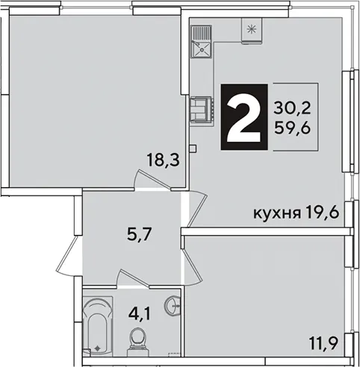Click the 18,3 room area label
coord(163,160)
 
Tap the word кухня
coord(277,213)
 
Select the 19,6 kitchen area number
coord(321,213)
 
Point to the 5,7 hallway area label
coord(139,234)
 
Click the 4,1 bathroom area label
coord(140,313)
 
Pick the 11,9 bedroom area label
coord(323,343)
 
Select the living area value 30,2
coord(292,108)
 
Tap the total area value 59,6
coord(292,128)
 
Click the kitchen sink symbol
coord(202,41)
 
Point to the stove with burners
coord(202,110)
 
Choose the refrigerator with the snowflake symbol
coord(252,31)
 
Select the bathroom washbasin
coord(173,305)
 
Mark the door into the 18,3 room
coord(152,181)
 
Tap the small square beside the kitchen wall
coord(193,148)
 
